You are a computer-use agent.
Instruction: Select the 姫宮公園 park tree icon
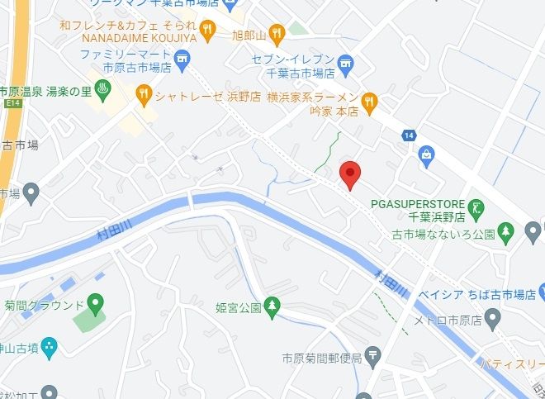273,307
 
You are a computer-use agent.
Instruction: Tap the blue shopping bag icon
426,153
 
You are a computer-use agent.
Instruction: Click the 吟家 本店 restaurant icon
371,103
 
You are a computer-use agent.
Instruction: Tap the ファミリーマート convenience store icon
183,58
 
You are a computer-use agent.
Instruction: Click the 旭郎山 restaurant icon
276,34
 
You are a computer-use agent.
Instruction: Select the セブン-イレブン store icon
347,60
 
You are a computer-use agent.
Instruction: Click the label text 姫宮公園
239,308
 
